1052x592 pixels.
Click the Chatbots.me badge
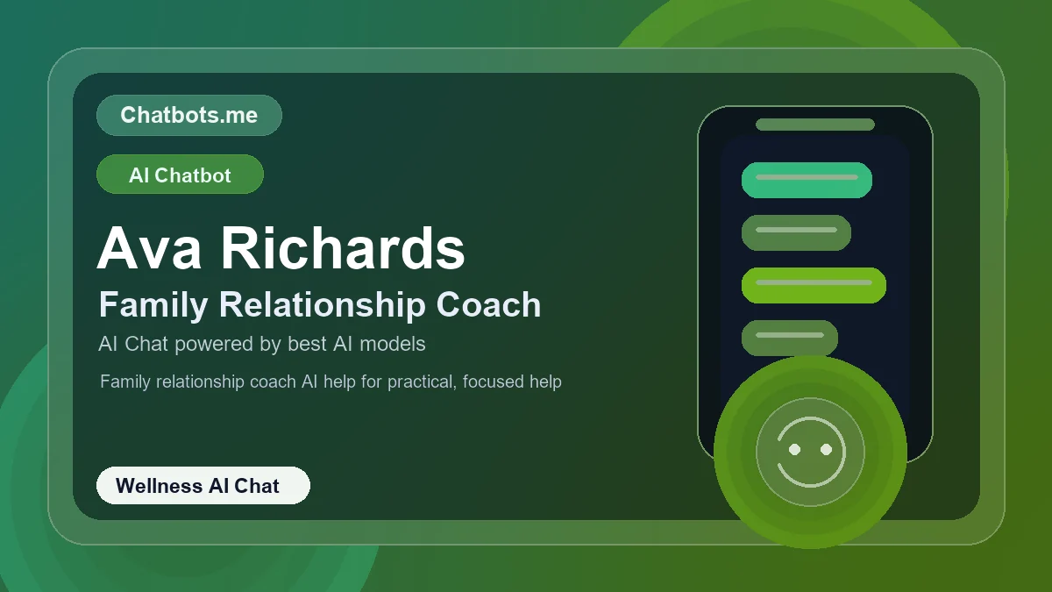pos(188,115)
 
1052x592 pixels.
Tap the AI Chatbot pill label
pos(180,175)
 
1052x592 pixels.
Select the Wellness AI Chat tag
pos(203,486)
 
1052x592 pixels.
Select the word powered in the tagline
pos(214,344)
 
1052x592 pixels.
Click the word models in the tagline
pos(393,344)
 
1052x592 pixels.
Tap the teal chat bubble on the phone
pos(807,180)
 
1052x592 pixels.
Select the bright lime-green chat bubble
pos(814,285)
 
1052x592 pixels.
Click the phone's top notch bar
pos(814,125)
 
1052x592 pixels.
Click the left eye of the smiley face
pos(795,449)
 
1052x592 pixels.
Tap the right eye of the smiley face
pos(826,449)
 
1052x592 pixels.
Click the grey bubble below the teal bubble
pos(796,232)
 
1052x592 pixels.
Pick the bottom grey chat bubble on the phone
pos(790,338)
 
